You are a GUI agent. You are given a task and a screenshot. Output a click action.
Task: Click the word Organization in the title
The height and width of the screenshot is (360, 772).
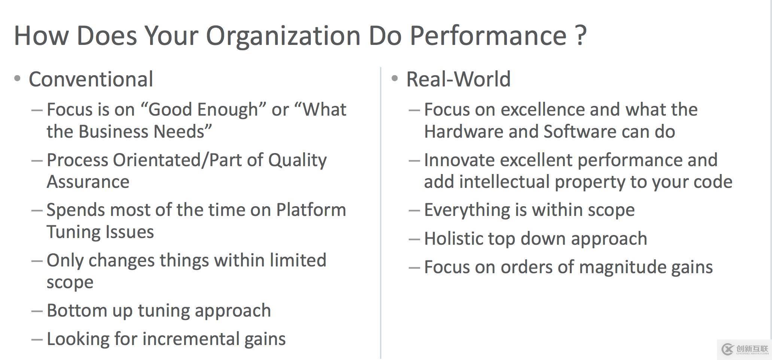tap(283, 36)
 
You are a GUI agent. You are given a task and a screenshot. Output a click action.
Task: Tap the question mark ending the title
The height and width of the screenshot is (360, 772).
tap(580, 35)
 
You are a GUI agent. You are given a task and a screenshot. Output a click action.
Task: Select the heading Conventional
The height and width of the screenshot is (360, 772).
tap(91, 79)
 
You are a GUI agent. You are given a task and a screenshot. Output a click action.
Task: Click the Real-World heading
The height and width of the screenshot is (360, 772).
tap(458, 79)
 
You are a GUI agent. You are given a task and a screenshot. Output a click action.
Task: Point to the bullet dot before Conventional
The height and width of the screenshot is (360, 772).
tap(17, 79)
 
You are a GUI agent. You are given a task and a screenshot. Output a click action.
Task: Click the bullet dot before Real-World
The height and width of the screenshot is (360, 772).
tap(395, 79)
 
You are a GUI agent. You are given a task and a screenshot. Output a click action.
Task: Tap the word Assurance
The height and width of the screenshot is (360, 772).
tap(88, 182)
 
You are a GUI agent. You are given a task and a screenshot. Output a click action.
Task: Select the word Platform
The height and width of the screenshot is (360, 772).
tap(311, 210)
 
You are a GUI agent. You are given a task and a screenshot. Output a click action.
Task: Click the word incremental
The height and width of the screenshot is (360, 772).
tap(191, 339)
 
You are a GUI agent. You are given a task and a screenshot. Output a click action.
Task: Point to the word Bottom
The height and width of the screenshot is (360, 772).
tap(71, 311)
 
